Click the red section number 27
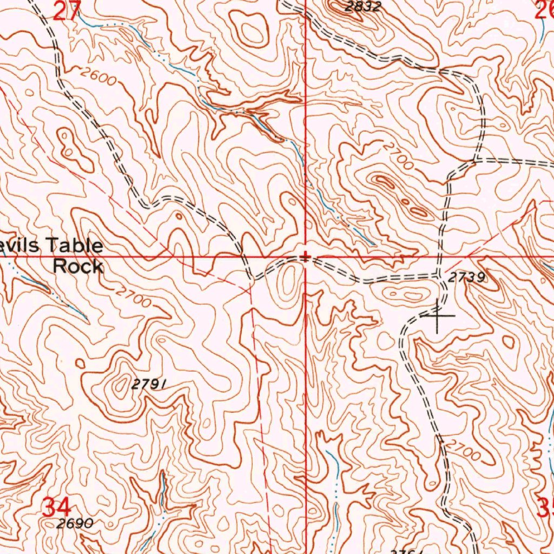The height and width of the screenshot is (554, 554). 67,10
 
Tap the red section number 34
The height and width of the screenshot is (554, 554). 56,508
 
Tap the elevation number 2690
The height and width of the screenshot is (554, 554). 75,524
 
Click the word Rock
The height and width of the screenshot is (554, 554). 78,266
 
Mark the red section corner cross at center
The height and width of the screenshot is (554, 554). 306,258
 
